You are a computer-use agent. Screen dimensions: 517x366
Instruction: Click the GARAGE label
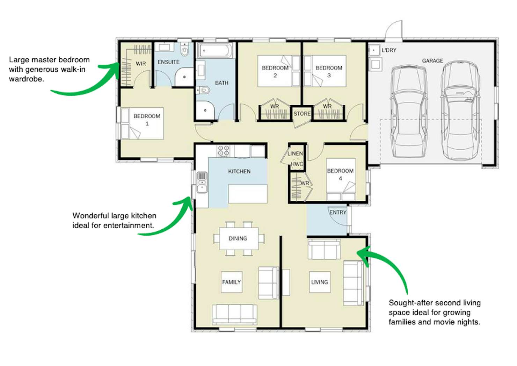coord(432,61)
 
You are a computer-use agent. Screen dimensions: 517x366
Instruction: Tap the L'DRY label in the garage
coord(389,50)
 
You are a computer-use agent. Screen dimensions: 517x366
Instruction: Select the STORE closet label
coord(302,114)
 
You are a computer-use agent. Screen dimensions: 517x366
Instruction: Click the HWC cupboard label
coord(297,164)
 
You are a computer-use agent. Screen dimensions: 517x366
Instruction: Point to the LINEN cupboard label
coord(295,153)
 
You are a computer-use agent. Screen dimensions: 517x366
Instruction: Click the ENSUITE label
coord(168,62)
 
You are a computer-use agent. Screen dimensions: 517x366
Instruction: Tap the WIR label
coord(141,64)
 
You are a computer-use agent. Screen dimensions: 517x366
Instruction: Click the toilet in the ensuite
coord(185,49)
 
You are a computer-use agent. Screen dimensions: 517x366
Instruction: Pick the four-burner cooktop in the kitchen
coord(224,151)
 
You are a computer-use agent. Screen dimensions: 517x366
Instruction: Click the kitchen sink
coord(202,182)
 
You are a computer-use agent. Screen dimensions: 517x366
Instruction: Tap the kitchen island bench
coord(248,194)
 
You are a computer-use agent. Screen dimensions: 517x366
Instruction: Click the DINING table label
coord(238,238)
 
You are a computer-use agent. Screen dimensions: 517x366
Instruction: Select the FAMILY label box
coord(232,282)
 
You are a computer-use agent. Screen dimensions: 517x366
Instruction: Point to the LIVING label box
coord(320,282)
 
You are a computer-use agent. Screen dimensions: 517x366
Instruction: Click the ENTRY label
coord(338,212)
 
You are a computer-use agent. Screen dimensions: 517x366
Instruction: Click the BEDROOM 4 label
coord(341,174)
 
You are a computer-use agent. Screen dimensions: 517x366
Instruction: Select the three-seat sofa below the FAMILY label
coord(234,315)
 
